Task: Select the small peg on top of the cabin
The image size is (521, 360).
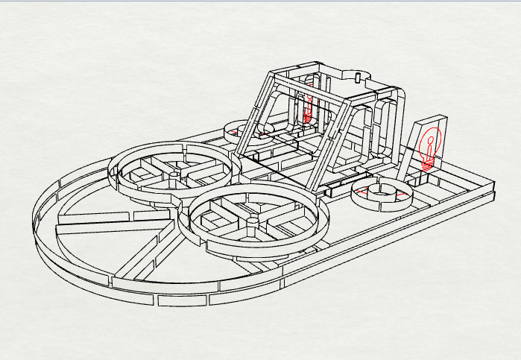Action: click(x=358, y=78)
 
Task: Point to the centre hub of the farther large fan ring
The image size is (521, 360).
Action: click(x=174, y=177)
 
